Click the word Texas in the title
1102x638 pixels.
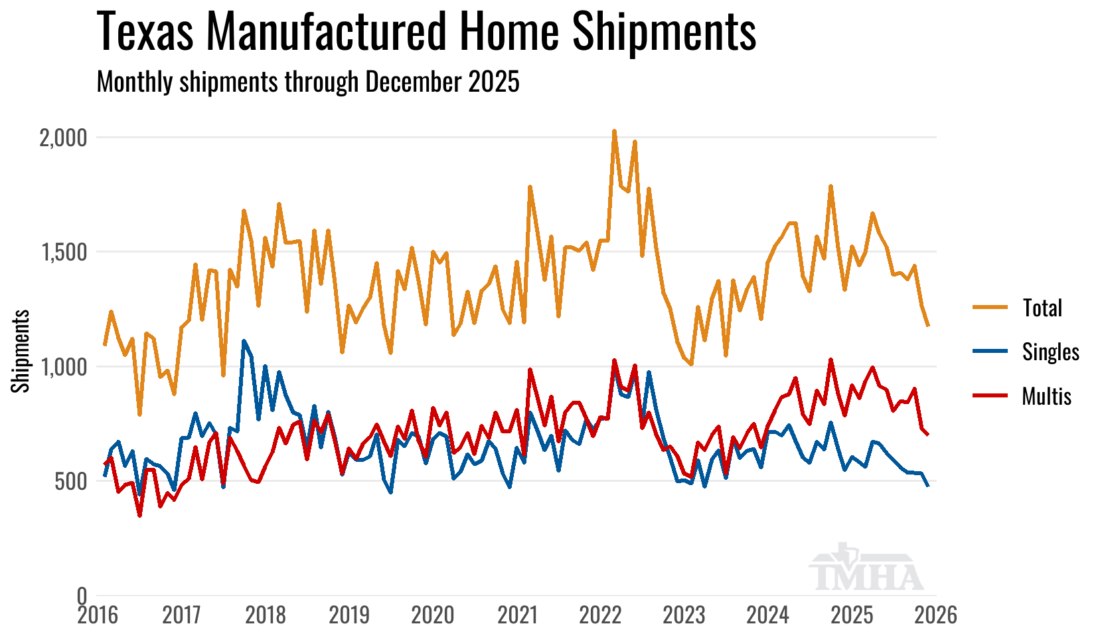tap(146, 31)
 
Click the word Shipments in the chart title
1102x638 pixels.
tap(664, 31)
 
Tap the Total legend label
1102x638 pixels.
tap(1042, 308)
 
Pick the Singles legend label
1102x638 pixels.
tap(1050, 352)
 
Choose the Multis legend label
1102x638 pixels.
tap(1046, 396)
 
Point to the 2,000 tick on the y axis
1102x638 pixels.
tap(63, 138)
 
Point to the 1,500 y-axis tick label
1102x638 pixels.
tap(63, 253)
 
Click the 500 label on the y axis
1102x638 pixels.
tap(70, 482)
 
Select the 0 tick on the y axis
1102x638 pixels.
tap(82, 595)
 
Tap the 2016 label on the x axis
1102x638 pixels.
tap(98, 615)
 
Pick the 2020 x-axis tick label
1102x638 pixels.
tap(433, 615)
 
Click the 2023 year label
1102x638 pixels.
tap(684, 615)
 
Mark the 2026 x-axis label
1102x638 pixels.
tap(936, 615)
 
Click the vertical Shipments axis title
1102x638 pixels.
tap(21, 351)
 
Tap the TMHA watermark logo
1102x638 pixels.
tap(866, 569)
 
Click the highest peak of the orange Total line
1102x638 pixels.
tap(614, 132)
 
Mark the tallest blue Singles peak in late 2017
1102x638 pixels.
tap(244, 341)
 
